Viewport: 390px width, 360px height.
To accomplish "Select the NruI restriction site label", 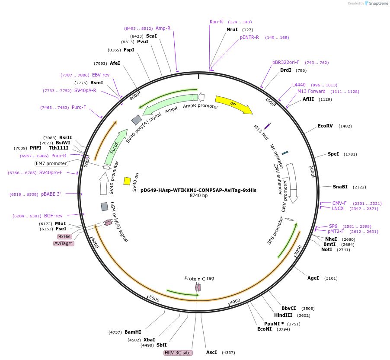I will pos(232,29).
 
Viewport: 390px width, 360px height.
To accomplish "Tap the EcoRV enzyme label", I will pos(325,126).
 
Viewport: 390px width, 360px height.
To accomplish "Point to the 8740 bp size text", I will pos(198,196).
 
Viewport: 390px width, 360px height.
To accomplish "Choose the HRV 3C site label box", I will pos(178,353).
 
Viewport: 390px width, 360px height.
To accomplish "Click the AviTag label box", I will pos(64,243).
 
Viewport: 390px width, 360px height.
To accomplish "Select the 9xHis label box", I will pos(64,236).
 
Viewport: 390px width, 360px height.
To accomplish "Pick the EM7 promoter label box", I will pos(51,163).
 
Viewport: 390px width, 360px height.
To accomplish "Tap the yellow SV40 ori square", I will pos(127,181).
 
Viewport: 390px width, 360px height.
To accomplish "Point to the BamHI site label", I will pos(133,332).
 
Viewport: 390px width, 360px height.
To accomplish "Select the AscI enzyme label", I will pos(211,352).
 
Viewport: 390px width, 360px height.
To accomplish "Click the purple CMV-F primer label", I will pos(339,203).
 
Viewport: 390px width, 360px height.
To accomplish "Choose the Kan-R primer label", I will pos(216,22).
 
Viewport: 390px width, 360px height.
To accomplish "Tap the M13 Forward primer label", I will pos(311,91).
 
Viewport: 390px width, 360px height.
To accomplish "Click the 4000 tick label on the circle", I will pos(235,301).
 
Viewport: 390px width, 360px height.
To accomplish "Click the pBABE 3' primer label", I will pos(51,194).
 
